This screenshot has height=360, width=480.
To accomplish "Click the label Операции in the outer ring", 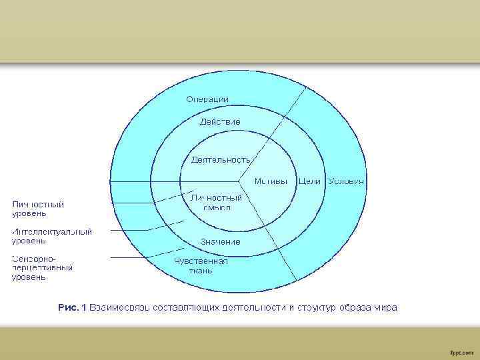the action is pyautogui.click(x=207, y=99).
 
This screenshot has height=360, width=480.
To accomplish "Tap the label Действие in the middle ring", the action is pyautogui.click(x=220, y=122).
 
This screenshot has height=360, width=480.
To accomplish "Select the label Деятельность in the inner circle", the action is pyautogui.click(x=221, y=160).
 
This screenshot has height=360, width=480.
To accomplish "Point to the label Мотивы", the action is pyautogui.click(x=271, y=181).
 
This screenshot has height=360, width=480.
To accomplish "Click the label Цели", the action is pyautogui.click(x=310, y=181).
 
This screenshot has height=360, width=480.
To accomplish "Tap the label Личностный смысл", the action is pyautogui.click(x=216, y=202).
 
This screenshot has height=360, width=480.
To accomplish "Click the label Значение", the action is pyautogui.click(x=221, y=241).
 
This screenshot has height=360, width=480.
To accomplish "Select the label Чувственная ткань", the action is pyautogui.click(x=201, y=265).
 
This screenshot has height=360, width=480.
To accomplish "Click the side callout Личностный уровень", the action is pyautogui.click(x=38, y=209).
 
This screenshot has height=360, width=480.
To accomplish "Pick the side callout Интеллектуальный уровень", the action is pyautogui.click(x=51, y=236).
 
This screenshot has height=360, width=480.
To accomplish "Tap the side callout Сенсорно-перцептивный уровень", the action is pyautogui.click(x=42, y=267).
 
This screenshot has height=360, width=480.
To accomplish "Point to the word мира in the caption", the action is pyautogui.click(x=385, y=307).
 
